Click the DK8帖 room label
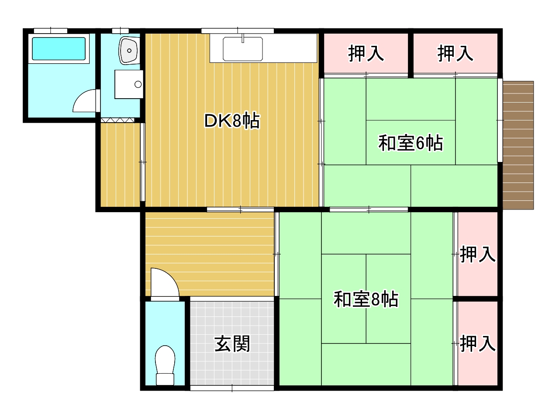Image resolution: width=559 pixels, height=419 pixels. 232,121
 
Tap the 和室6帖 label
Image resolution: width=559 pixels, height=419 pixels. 411,143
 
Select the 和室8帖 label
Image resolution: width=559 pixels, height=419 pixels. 366,299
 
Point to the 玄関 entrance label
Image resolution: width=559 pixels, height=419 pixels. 232,344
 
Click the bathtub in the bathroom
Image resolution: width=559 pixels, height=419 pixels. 59,48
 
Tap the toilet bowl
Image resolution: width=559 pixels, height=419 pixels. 165,365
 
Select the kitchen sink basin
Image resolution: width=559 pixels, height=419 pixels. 243,49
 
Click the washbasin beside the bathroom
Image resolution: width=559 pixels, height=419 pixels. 129,50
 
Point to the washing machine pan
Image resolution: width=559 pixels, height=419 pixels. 129,84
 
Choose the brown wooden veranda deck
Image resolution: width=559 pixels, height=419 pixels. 518,145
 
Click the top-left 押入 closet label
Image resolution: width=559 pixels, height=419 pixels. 366,53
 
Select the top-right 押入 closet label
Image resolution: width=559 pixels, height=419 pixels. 455,53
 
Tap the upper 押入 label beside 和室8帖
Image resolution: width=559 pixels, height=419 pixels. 477,254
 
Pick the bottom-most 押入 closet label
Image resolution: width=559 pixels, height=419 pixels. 477,343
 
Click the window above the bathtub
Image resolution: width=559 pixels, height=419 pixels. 51,31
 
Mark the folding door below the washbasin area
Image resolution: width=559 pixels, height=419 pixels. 117,120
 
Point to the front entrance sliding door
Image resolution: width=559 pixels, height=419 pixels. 232,388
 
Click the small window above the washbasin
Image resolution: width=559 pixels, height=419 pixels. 121,31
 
